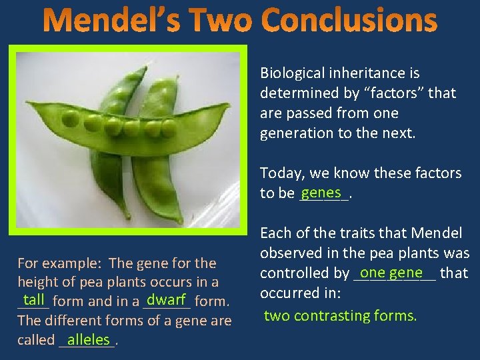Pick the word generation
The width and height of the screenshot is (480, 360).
[x=297, y=133]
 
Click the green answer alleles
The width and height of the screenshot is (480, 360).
[x=88, y=339]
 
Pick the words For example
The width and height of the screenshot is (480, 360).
[x=60, y=263]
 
